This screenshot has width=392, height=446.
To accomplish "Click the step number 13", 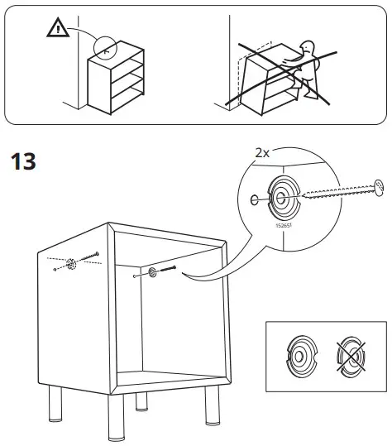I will coord(22,161).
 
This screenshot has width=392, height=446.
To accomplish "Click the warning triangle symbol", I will coord(58,31).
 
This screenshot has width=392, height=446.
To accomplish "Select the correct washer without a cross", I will coord(299,357).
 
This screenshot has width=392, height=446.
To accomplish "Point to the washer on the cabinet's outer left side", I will coord(70,266).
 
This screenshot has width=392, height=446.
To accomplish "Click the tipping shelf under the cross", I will coord(265,79).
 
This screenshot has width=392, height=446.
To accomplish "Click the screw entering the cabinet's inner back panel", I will coord(169,269).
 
